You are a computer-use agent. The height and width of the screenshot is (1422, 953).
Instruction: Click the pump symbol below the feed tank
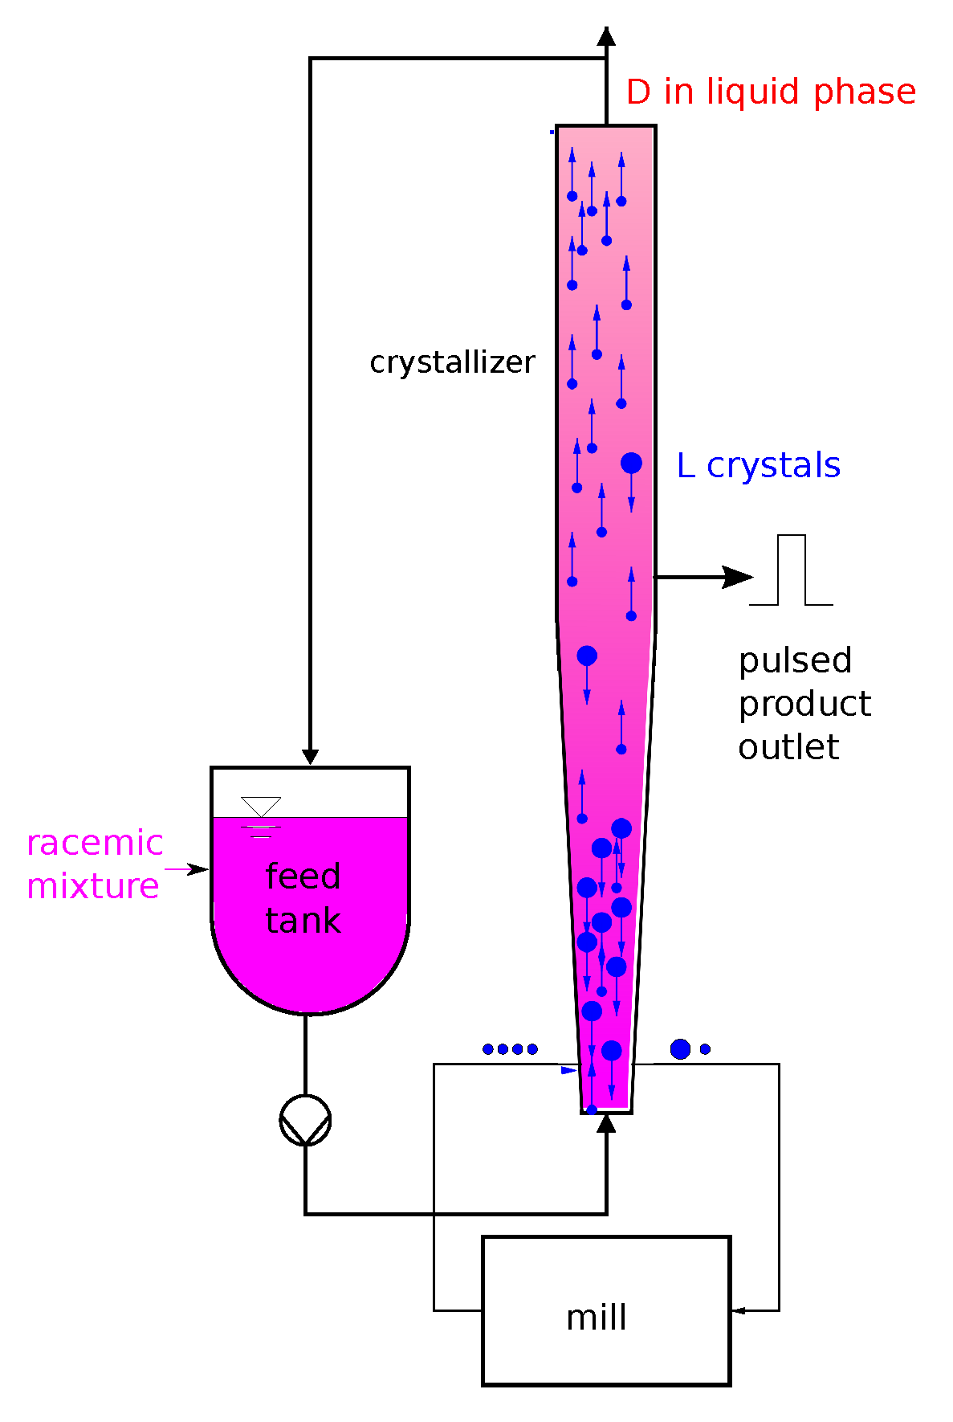pos(305,1120)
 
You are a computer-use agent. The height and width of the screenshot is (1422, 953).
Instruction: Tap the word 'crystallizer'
pos(452,362)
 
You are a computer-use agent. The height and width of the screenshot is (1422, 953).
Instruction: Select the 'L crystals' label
pos(758,465)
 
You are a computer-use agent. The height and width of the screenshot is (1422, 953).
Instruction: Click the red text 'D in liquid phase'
pos(770,92)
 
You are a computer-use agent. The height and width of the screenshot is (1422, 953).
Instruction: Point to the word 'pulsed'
pos(795,661)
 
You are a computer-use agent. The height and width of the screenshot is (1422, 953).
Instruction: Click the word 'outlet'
pos(788,747)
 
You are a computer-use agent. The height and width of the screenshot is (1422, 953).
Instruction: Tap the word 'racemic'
pos(95,844)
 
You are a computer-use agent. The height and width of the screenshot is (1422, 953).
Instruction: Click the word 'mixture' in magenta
pos(93,886)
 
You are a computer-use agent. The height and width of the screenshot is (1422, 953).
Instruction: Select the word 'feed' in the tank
pos(303,876)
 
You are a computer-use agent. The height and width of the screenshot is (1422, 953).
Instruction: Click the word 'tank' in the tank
pos(303,921)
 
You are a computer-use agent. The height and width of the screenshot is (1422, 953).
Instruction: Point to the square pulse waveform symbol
pos(791,570)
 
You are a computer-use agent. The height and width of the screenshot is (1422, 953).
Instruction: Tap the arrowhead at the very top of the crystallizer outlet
pos(606,36)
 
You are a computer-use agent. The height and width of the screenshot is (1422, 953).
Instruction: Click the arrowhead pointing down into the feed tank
pos(310,757)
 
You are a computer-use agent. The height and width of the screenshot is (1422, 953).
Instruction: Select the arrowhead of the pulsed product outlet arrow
pos(737,577)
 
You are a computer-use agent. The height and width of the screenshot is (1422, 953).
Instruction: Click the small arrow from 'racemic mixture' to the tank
pos(188,869)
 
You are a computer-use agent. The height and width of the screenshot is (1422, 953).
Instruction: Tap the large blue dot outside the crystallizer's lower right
pos(680,1049)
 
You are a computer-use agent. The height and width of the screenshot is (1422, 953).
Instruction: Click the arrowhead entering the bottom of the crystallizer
pos(606,1122)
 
